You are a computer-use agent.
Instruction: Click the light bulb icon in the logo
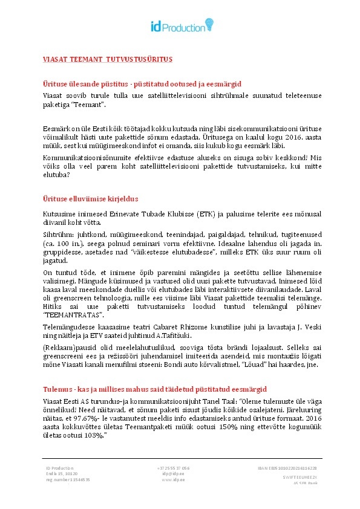209,24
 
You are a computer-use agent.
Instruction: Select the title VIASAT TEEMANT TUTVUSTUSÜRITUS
108,59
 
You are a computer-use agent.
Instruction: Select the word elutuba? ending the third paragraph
56,175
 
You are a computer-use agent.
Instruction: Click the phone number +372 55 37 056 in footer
173,468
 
